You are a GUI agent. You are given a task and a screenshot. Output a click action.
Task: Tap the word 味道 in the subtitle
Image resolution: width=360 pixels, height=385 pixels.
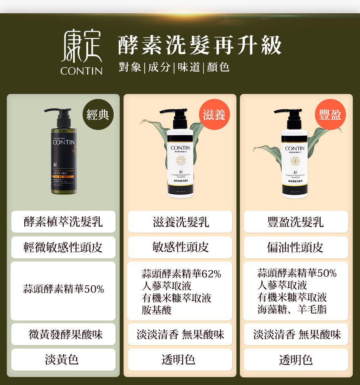tap(188, 67)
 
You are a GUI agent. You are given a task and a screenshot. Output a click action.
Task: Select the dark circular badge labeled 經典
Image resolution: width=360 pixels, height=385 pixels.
tap(98, 114)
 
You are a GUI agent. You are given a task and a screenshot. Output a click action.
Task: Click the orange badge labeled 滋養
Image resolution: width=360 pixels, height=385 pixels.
tap(214, 114)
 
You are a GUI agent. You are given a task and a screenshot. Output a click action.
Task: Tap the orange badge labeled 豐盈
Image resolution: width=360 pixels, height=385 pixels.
tap(330, 114)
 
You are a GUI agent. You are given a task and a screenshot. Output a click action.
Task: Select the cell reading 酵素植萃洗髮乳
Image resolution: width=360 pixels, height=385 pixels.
tap(63, 222)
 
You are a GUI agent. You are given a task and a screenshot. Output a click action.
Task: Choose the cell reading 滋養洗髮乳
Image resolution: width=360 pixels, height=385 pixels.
tap(180, 222)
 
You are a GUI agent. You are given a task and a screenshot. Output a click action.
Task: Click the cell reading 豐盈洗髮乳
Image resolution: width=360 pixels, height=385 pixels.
tap(296, 222)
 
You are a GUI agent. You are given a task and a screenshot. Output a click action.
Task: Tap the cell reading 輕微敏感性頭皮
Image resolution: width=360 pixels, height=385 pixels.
tap(63, 247)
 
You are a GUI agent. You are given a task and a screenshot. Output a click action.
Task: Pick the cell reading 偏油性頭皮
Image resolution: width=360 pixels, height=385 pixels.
tap(296, 247)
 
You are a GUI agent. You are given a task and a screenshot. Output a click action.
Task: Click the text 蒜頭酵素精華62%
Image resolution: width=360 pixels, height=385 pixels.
tap(181, 274)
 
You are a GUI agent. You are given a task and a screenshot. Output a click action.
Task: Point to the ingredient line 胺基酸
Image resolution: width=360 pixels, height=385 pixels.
tap(157, 310)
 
